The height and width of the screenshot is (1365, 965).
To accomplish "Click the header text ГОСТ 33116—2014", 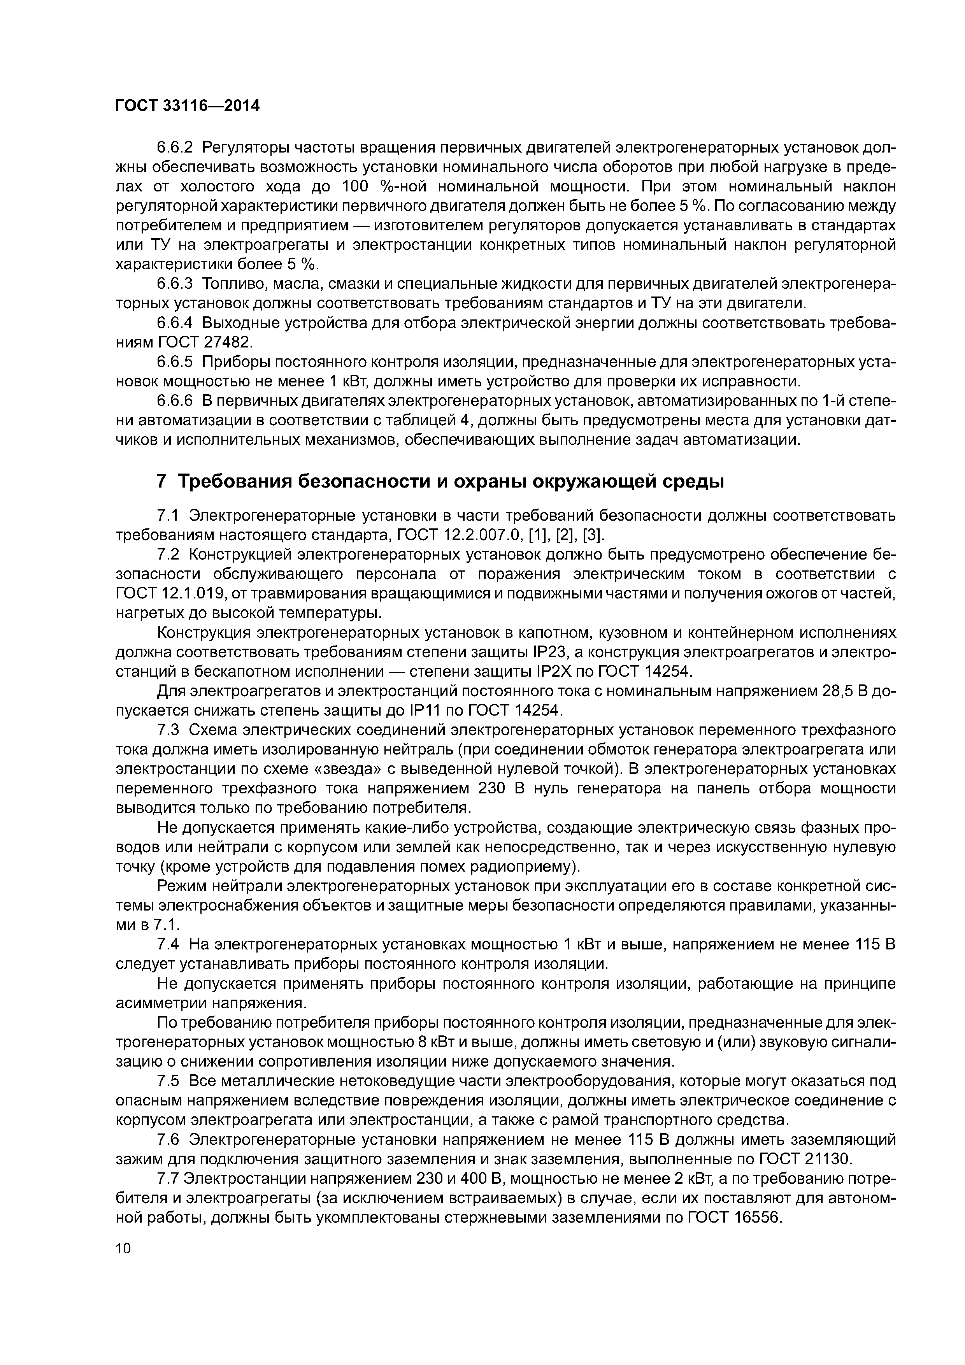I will (x=187, y=106).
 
